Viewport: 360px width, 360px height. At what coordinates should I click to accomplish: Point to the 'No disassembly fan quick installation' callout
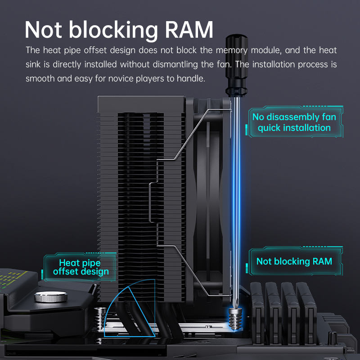tap(294, 122)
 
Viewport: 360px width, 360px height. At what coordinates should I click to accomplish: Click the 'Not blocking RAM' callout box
tap(294, 261)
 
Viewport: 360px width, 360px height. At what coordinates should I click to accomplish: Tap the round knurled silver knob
tap(51, 297)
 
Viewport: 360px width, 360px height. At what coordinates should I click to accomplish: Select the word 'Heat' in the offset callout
tap(69, 263)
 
